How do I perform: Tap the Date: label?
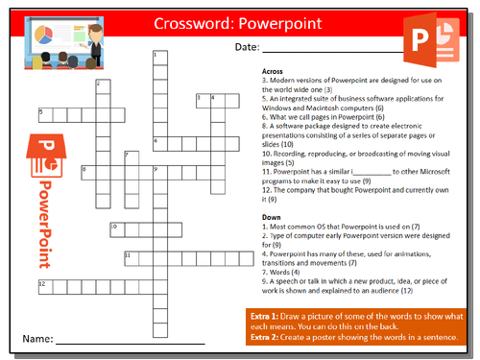pos(245,47)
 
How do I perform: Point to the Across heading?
pos(274,71)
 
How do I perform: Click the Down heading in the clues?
pos(272,216)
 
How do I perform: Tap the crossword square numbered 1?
pos(156,58)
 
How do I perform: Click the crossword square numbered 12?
pos(43,286)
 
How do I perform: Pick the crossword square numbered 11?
pos(129,257)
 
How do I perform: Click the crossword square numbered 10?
pos(114,228)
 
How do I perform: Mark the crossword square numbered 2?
pos(100,86)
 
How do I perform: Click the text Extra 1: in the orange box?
pos(266,316)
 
